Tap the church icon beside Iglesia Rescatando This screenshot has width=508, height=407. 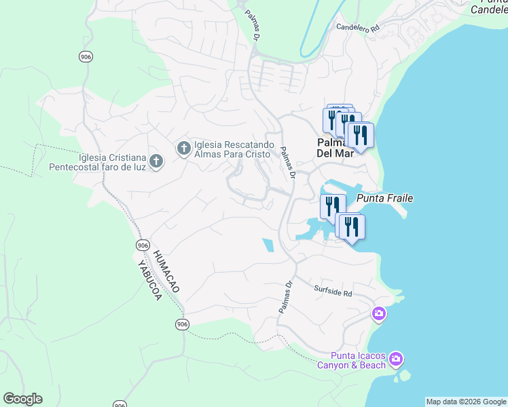[183, 148]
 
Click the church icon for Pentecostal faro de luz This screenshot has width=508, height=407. [156, 161]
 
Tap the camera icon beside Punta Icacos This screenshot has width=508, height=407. [397, 358]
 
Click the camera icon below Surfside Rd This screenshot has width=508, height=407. [379, 314]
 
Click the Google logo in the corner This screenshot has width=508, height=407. [22, 399]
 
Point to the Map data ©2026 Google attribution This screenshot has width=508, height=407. [466, 402]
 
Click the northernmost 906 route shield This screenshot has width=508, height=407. [85, 56]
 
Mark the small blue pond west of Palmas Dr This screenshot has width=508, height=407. [268, 245]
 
